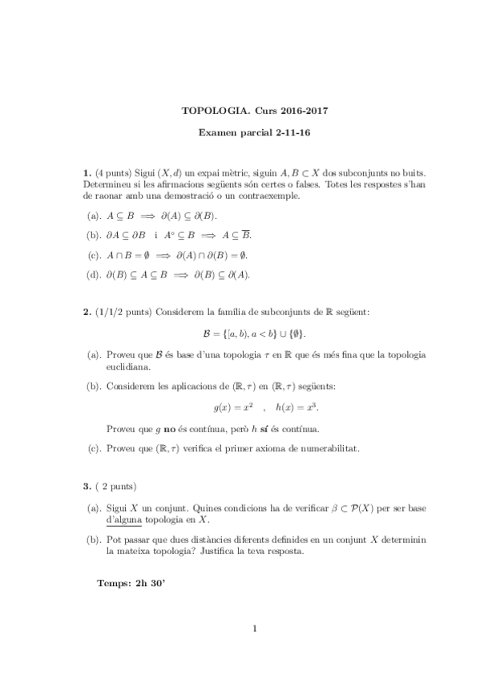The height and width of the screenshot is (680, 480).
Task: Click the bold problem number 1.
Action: click(87, 172)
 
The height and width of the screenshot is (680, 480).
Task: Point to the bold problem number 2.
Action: click(87, 311)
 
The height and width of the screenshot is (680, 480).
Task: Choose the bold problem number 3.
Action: click(87, 487)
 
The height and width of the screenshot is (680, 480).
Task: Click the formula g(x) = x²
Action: click(239, 407)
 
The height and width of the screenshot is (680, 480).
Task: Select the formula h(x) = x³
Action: click(295, 407)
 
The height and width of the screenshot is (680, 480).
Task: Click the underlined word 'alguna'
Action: click(123, 520)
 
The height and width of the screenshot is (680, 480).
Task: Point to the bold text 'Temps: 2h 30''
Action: click(130, 584)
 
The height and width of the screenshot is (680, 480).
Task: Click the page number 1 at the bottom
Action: click(254, 628)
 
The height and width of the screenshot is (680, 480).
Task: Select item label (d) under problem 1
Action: click(93, 274)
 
